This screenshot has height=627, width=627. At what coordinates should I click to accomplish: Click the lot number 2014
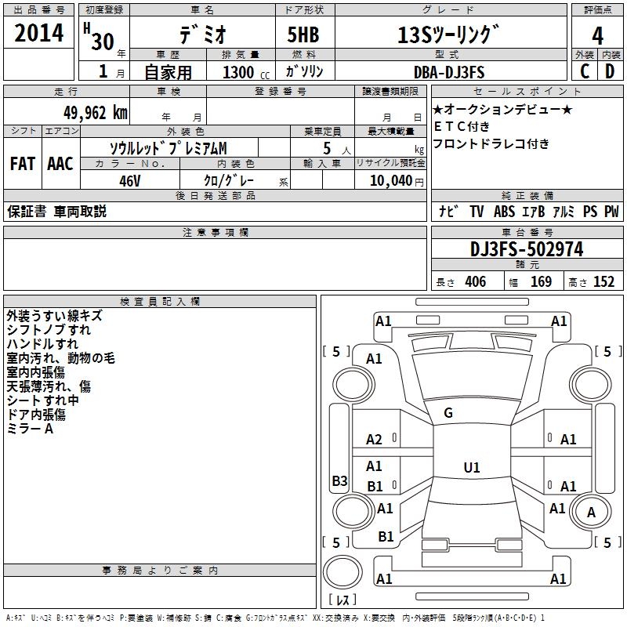point(39,34)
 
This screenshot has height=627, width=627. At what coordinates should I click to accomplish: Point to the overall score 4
point(597,35)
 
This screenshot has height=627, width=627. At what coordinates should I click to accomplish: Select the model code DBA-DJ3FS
point(449,72)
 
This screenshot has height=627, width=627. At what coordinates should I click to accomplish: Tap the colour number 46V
point(129,179)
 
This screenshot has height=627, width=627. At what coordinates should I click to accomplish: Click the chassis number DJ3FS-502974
point(527,250)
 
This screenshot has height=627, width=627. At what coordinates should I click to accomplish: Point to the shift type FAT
point(22,164)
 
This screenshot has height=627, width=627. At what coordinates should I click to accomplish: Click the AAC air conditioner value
point(60,164)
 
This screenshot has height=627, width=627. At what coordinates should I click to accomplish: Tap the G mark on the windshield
point(448,413)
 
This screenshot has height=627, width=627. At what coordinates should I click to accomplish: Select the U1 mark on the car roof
point(471,468)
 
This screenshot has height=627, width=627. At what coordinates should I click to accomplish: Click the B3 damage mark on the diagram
point(339,481)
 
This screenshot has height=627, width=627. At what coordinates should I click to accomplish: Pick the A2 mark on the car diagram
point(374,440)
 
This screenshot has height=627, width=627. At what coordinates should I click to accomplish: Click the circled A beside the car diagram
point(592,512)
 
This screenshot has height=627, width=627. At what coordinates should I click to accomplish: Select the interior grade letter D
point(609,72)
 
